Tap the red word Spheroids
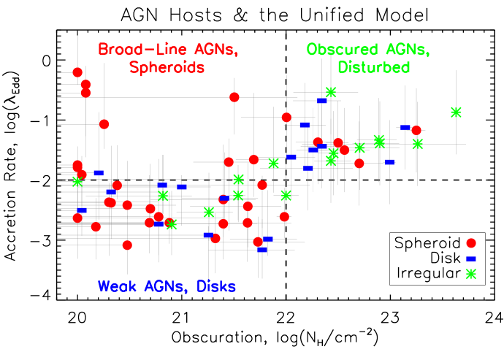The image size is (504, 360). [x=167, y=67]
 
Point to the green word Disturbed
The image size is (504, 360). [x=374, y=67]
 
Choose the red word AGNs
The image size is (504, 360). [x=216, y=50]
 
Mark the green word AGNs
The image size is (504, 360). [x=406, y=50]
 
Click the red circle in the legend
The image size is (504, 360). [x=471, y=243]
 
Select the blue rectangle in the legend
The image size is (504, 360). [x=471, y=258]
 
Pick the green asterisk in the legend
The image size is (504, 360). [x=471, y=274]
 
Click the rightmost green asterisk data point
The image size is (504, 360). [x=457, y=112]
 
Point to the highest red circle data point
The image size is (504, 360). [x=77, y=72]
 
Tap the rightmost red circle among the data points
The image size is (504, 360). [x=416, y=130]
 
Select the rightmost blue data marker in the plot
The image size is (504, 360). [x=405, y=128]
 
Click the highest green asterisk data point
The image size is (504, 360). [x=331, y=92]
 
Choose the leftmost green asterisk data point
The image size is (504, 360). [x=77, y=181]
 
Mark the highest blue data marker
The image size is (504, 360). [x=321, y=101]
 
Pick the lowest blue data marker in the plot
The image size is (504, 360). [x=261, y=250]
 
